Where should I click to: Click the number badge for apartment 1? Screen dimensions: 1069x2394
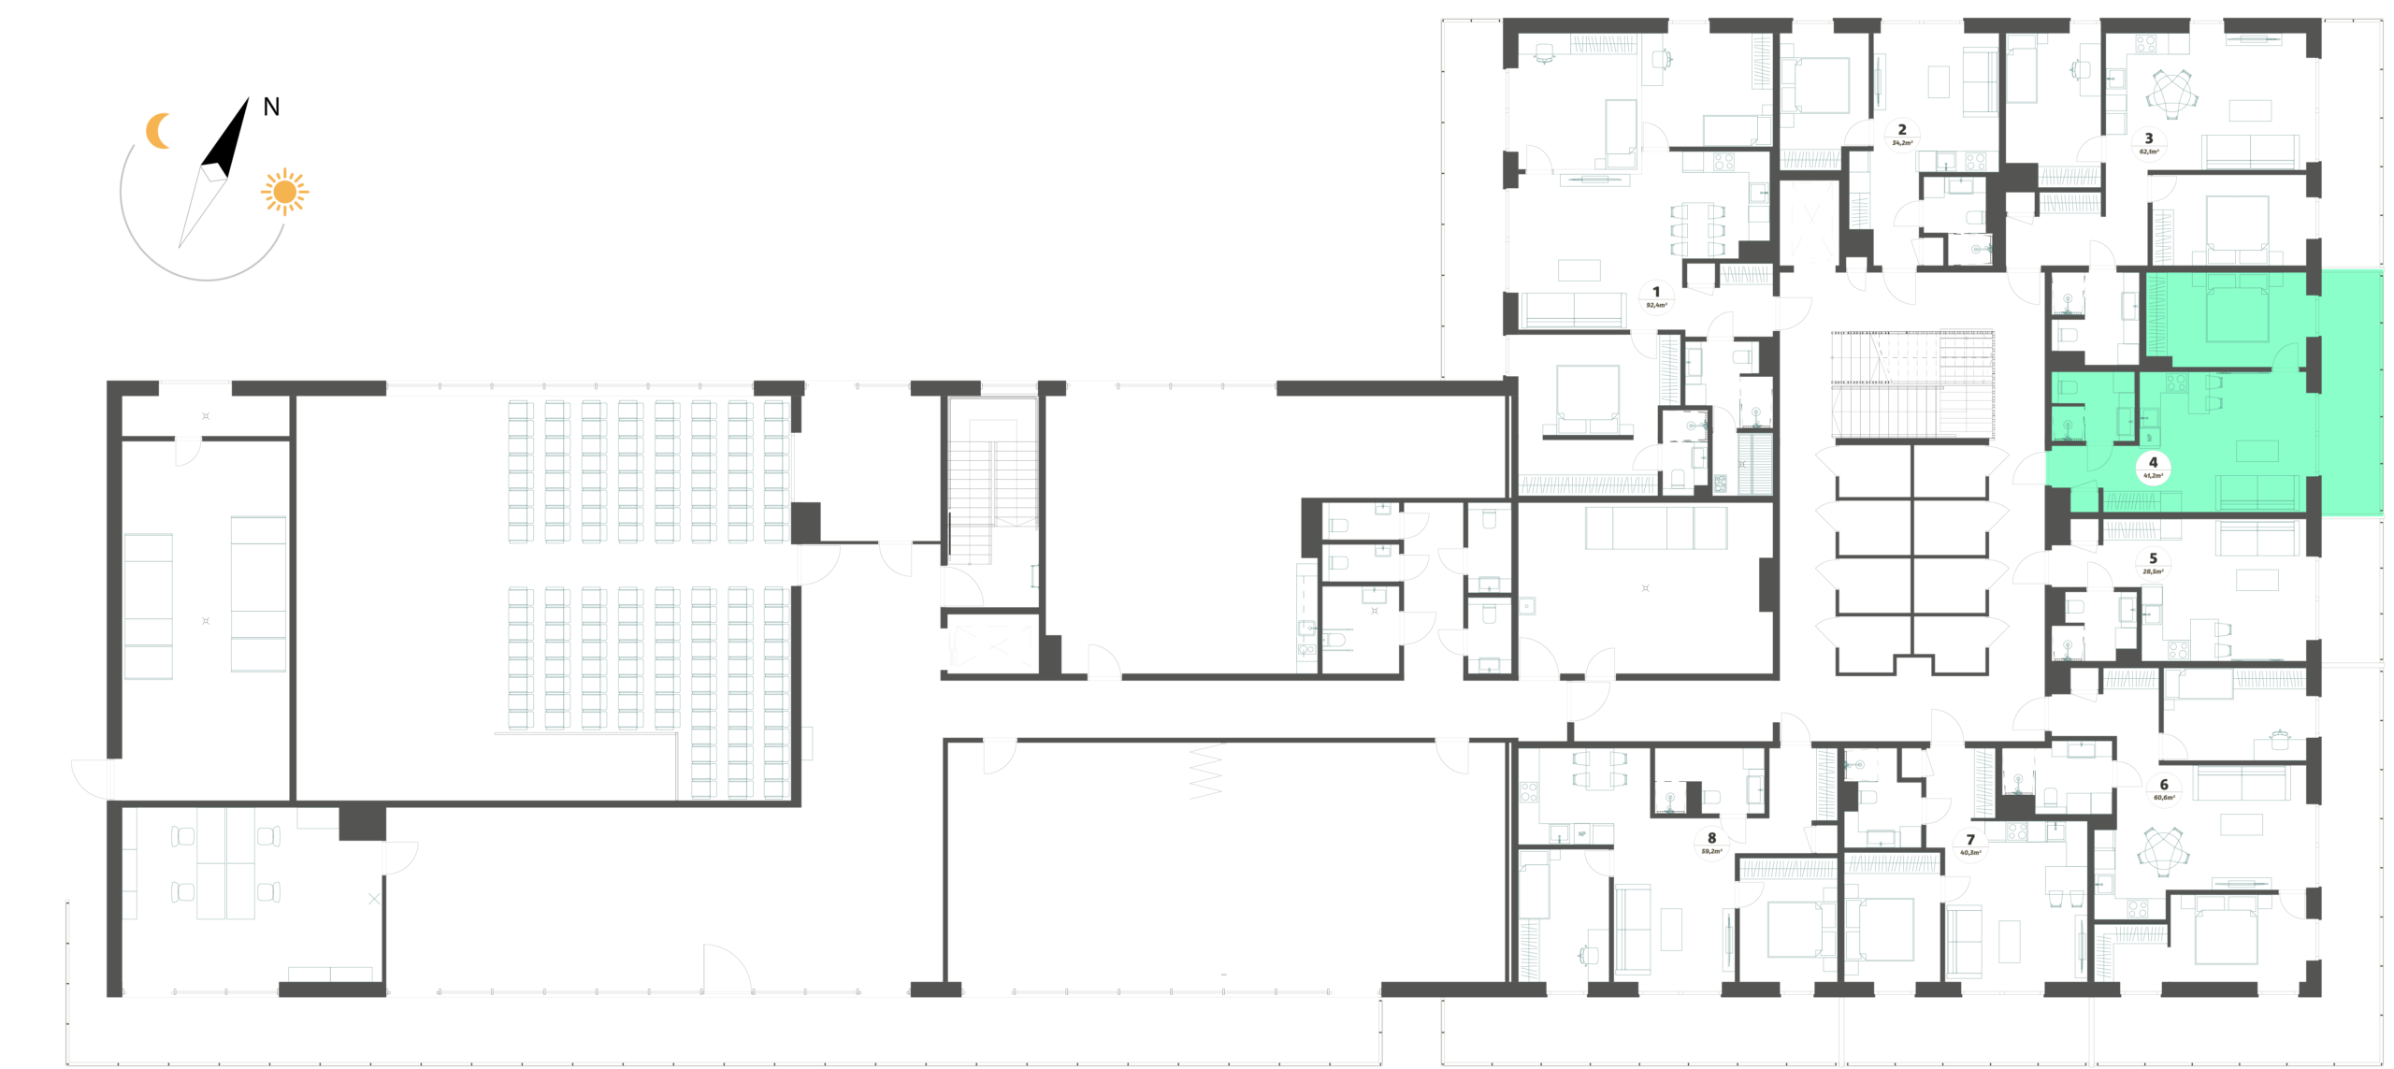[1656, 297]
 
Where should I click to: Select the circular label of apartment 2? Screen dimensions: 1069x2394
[1901, 135]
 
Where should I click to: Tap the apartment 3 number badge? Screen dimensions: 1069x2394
[2148, 143]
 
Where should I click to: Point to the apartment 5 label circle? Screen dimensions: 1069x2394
[2153, 564]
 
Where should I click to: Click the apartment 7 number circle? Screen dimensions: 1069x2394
[1970, 845]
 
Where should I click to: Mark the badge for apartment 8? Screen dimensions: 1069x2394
[1711, 844]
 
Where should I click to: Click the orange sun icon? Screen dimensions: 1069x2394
[284, 192]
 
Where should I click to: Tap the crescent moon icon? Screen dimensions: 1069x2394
[159, 131]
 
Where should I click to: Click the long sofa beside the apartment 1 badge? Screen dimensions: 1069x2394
[1573, 310]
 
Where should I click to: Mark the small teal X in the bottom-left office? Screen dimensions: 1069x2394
[374, 899]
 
